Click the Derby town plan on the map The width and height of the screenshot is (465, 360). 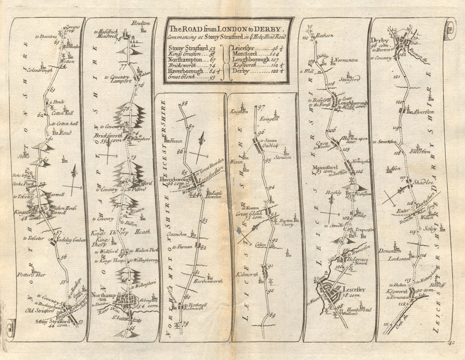(404, 45)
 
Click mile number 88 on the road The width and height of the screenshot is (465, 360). (184, 104)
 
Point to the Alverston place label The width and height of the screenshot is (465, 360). (419, 112)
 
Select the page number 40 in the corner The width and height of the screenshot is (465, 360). (453, 343)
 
